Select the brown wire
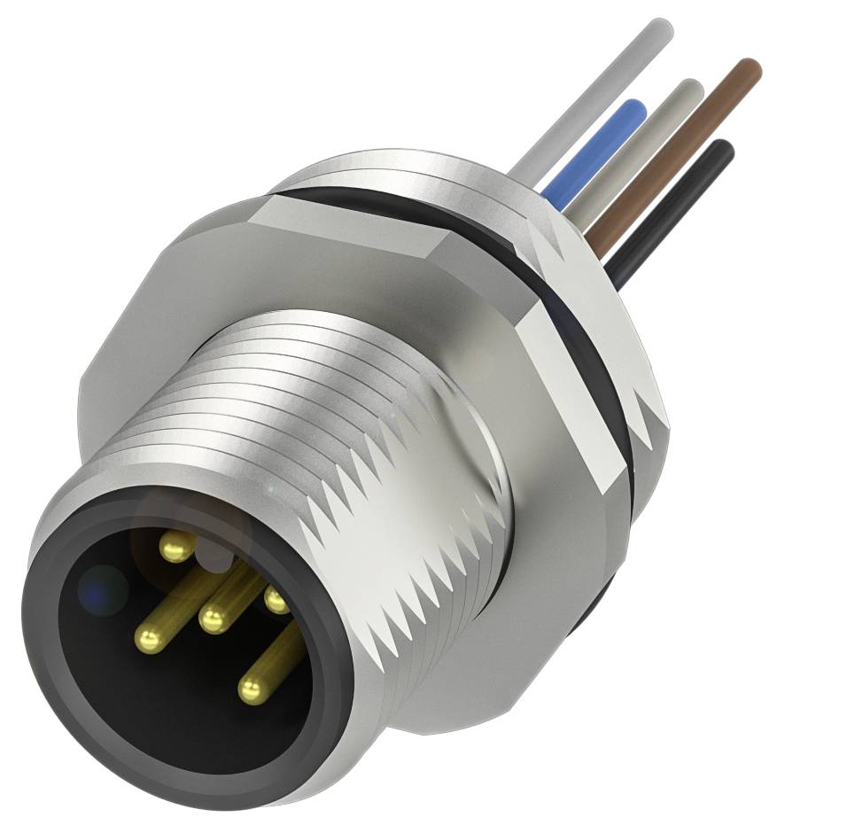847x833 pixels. click(673, 151)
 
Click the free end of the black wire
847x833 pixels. click(725, 148)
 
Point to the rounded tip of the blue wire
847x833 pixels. click(633, 107)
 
